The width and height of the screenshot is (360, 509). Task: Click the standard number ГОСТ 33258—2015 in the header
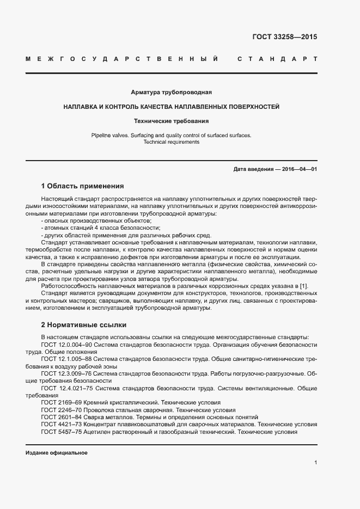pyautogui.click(x=284, y=37)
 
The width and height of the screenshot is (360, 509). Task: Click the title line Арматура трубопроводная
pyautogui.click(x=172, y=93)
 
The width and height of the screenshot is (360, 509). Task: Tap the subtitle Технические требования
pyautogui.click(x=172, y=121)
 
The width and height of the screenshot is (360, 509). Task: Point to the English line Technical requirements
pyautogui.click(x=172, y=142)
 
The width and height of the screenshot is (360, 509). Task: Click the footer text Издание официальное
pyautogui.click(x=57, y=453)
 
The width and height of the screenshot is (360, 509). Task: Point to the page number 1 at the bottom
pyautogui.click(x=315, y=463)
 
